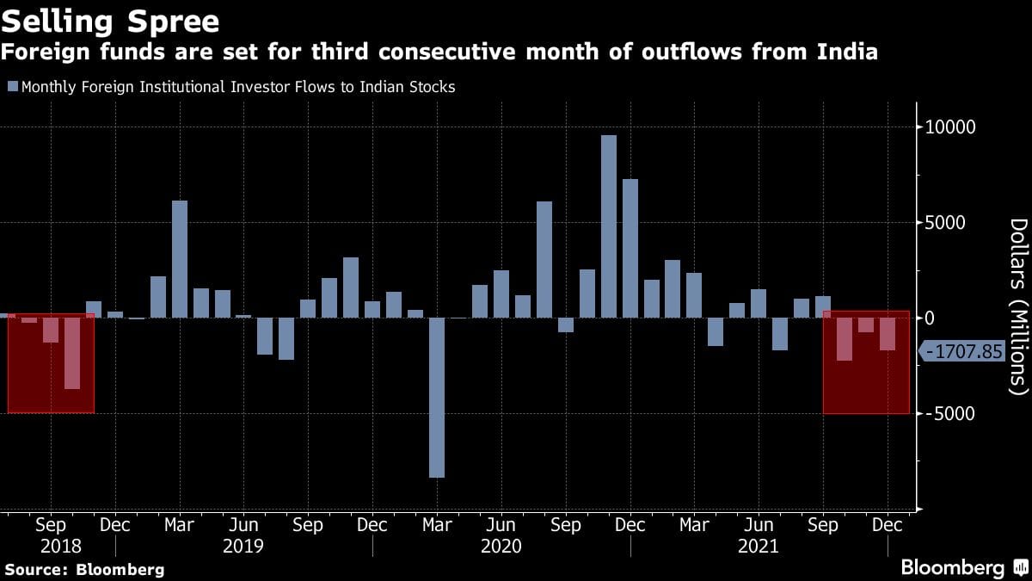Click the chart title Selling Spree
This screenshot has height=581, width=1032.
(x=110, y=20)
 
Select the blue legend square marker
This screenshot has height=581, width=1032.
(x=12, y=86)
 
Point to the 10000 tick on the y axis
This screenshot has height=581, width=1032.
(x=951, y=127)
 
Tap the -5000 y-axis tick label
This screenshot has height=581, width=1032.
(x=949, y=414)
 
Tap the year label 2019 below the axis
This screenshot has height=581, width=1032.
(x=243, y=546)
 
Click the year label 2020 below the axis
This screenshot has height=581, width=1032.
(x=501, y=546)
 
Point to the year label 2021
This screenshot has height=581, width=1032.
(x=759, y=546)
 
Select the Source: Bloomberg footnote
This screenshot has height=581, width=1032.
(x=84, y=569)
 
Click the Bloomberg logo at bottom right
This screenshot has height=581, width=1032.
(x=963, y=568)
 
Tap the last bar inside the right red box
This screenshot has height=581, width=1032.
(x=888, y=334)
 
